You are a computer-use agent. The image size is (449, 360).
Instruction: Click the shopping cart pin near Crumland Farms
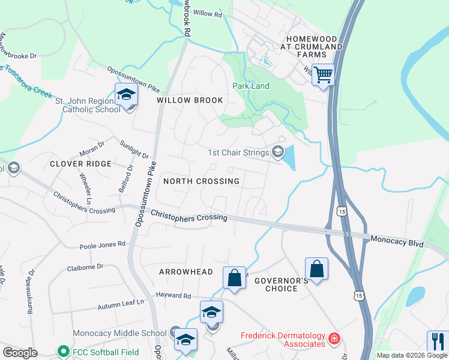pyautogui.click(x=323, y=76)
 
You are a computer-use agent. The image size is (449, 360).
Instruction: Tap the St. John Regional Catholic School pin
pyautogui.click(x=127, y=95)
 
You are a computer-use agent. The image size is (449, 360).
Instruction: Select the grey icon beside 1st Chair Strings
pyautogui.click(x=277, y=152)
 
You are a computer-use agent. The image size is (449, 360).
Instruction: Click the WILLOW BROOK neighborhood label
pyautogui.click(x=190, y=100)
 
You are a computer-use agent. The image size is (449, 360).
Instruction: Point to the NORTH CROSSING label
pyautogui.click(x=201, y=181)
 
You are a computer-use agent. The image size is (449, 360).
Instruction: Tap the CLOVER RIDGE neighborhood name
pyautogui.click(x=80, y=164)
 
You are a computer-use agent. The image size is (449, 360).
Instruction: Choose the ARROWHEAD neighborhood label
pyautogui.click(x=185, y=272)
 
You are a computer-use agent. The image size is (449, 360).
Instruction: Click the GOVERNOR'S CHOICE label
pyautogui.click(x=281, y=284)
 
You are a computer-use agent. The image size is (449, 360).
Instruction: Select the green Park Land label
pyautogui.click(x=251, y=86)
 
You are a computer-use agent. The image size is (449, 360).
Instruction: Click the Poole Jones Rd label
pyautogui.click(x=103, y=245)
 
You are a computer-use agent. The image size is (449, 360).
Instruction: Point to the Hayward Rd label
pyautogui.click(x=173, y=296)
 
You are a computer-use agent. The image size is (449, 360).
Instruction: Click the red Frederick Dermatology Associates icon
pyautogui.click(x=333, y=340)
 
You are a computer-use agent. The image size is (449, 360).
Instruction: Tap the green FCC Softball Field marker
pyautogui.click(x=61, y=352)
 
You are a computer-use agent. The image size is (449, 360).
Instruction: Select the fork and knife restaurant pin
pyautogui.click(x=438, y=341)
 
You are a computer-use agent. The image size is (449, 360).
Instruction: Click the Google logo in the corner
pyautogui.click(x=20, y=353)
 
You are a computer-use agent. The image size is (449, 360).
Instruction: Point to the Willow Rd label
pyautogui.click(x=208, y=13)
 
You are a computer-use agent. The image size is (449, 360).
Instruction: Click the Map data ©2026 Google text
pyautogui.click(x=411, y=355)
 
